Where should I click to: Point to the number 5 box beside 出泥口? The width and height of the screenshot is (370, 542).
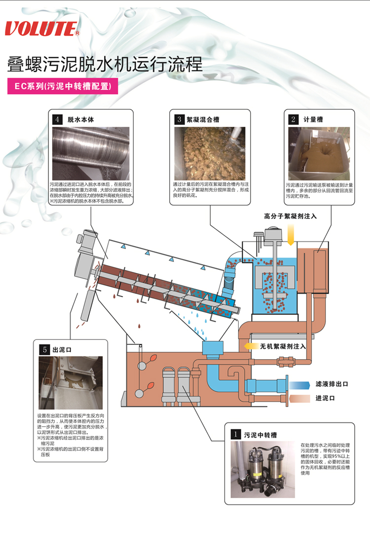[44, 349]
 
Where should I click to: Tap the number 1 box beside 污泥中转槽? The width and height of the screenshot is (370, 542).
[237, 434]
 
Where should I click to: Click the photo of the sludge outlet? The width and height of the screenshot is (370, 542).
[71, 382]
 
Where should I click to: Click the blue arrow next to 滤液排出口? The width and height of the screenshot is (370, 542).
[299, 384]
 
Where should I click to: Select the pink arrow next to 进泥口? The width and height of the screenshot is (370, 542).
[299, 398]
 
